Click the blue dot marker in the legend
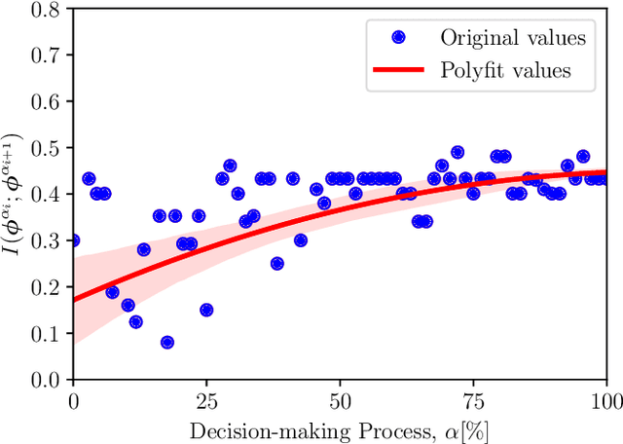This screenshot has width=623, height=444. tap(398, 38)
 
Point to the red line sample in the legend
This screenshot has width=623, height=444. tap(398, 69)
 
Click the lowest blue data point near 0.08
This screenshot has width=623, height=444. tap(167, 343)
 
